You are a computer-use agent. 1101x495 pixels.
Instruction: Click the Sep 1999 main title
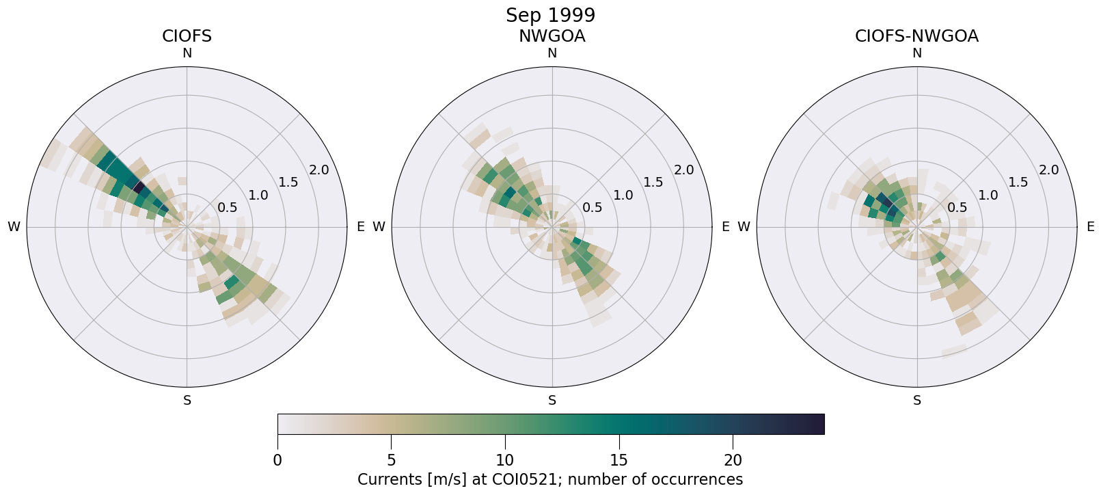tap(550, 15)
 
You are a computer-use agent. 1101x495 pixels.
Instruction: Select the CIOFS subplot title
tap(187, 36)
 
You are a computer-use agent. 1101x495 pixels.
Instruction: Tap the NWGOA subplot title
tap(552, 36)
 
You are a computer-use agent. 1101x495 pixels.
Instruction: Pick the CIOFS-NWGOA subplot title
tap(916, 36)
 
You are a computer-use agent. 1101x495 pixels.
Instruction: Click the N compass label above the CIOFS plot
tap(187, 53)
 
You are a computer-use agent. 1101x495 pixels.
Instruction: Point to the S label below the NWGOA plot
tap(552, 401)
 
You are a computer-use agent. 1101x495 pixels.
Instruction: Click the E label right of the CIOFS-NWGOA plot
tap(1091, 227)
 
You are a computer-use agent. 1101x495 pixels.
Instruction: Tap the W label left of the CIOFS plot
tap(14, 227)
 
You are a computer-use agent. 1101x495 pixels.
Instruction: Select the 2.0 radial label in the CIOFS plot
tap(318, 170)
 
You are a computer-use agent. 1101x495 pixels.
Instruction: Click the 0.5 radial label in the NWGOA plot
tap(592, 208)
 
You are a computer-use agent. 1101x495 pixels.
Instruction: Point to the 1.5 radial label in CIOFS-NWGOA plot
tap(1018, 183)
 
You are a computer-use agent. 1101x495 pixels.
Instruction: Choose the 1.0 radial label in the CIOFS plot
tap(258, 196)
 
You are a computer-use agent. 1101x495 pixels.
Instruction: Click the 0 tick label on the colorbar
tap(277, 460)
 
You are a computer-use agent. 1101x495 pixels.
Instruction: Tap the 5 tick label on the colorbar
tap(391, 460)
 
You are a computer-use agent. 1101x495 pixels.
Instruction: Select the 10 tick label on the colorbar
tap(505, 460)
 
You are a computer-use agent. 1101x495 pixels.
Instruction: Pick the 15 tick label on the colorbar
tap(619, 460)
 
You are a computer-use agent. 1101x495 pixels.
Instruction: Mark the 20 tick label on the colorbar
tap(733, 460)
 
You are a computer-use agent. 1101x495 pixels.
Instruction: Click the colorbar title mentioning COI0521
tap(550, 479)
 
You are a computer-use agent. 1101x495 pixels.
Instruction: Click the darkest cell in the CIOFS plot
tap(137, 187)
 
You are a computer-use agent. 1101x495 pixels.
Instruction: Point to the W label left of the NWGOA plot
tap(379, 227)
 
